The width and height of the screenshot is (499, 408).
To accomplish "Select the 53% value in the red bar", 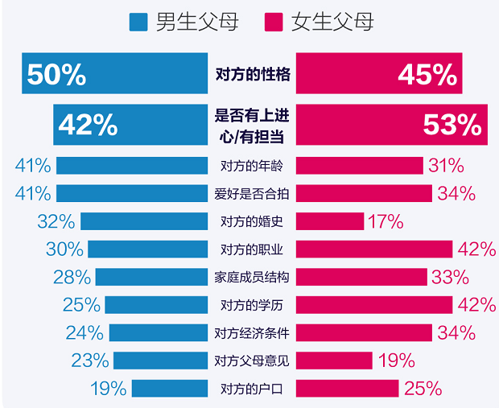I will (452, 125).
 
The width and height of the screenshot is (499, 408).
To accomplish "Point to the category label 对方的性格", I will (253, 75).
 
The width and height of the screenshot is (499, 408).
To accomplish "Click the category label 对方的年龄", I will (253, 167).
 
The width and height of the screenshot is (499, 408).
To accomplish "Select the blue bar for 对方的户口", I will (171, 389).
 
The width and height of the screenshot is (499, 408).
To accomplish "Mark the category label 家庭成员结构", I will (253, 278).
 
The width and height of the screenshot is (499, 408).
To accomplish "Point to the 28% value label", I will (72, 278).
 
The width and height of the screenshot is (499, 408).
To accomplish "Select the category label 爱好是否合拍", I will (253, 194).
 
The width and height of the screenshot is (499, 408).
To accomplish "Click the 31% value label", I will (446, 166).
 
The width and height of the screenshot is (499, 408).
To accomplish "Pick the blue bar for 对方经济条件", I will (159, 332).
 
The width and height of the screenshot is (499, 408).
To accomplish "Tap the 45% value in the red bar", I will (427, 75).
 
